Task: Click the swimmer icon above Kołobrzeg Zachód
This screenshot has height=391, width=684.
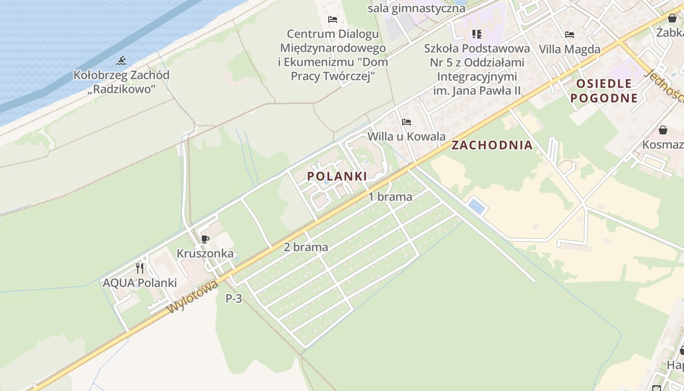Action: [121, 61]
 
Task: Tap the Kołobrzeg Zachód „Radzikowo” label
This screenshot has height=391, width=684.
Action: [122, 82]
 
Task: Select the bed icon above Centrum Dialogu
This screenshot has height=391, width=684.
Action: [333, 20]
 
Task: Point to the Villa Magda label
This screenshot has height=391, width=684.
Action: [569, 49]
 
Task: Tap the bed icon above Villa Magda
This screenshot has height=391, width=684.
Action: [569, 35]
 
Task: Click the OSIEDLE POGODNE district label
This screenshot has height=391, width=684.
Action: [604, 90]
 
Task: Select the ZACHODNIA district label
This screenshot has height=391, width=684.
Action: [492, 145]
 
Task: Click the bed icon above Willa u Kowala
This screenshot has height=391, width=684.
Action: [406, 122]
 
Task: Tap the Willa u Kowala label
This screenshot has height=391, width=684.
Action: [406, 136]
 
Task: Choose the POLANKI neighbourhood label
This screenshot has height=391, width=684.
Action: [337, 176]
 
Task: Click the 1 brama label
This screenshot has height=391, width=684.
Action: [390, 197]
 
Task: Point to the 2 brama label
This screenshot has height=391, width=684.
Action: [306, 247]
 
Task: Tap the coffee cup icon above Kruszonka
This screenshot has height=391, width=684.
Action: [205, 239]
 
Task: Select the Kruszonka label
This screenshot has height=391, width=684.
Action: [205, 254]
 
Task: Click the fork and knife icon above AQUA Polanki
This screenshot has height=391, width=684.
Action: [140, 268]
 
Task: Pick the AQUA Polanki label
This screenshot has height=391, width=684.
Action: [140, 283]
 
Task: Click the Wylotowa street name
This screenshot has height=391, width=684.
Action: [193, 297]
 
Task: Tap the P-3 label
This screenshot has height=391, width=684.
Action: [234, 299]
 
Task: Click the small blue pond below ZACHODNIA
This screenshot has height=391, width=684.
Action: [476, 206]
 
